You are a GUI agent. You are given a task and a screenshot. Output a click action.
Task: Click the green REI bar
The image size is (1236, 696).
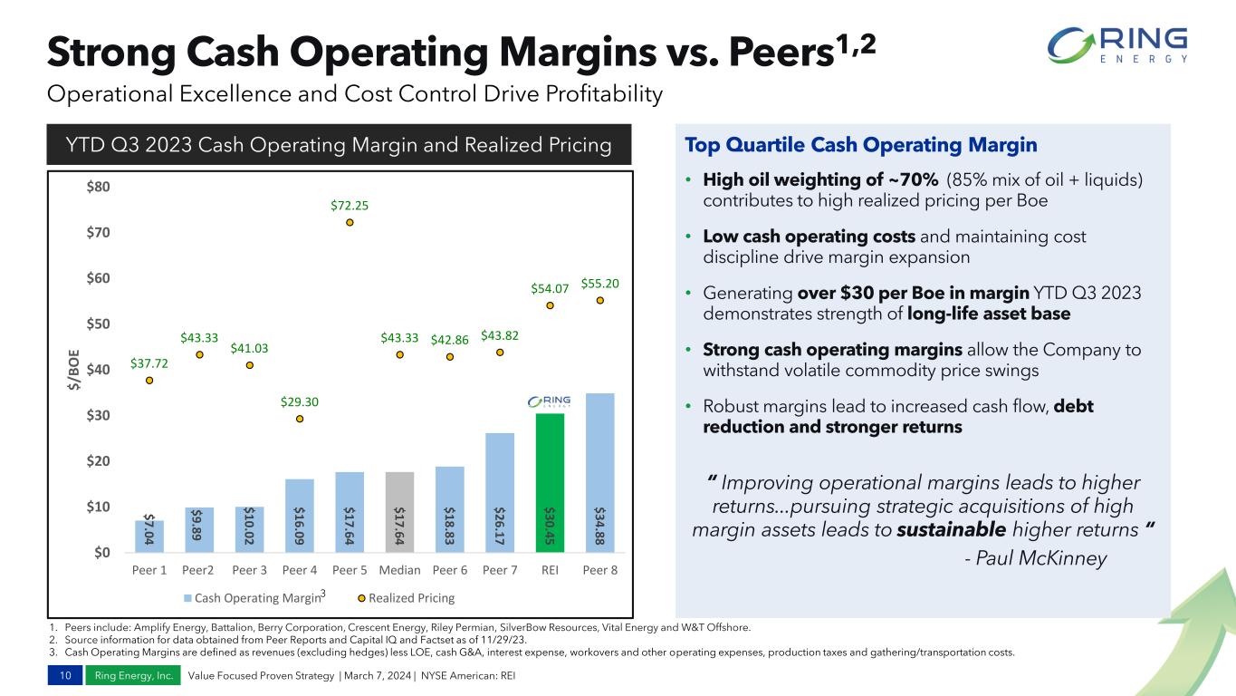point(550,482)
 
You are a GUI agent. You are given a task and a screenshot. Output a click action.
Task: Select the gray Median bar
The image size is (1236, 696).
point(399,511)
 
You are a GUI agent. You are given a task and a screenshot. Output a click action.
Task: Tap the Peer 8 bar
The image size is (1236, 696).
point(599,471)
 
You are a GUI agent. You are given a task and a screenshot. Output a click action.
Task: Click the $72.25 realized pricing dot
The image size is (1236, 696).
point(350,222)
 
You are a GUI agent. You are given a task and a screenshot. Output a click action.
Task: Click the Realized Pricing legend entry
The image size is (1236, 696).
point(405,598)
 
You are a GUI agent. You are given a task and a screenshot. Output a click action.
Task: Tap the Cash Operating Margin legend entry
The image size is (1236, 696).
point(254,598)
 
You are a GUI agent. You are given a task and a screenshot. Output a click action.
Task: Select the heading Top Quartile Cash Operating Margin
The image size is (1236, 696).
point(861,145)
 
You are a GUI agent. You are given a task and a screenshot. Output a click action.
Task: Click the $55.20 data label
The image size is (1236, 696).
point(599,284)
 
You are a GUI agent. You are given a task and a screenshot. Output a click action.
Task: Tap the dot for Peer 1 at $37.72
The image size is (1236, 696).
point(149,381)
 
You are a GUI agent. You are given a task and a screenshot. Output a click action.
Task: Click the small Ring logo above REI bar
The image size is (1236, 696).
point(550,402)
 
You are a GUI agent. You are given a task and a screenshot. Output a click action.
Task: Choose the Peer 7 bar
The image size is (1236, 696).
point(500,492)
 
